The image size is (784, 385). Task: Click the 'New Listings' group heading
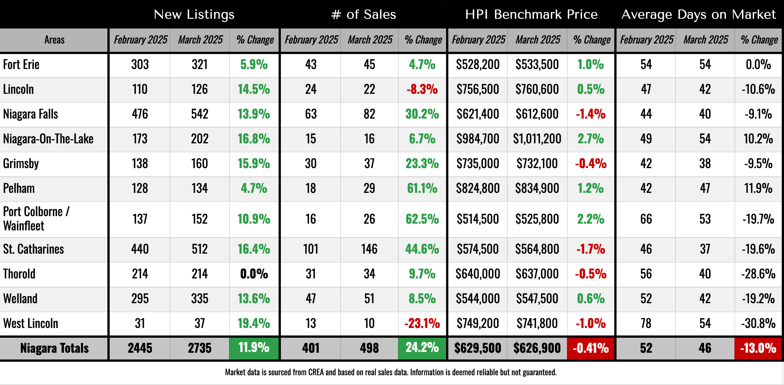point(194,14)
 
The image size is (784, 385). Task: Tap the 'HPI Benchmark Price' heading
point(531,14)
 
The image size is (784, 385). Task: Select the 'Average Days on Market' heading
point(698,14)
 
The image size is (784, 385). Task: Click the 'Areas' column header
point(54,40)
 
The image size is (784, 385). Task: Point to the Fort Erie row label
point(21,65)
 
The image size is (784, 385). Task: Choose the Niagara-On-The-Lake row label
point(48,139)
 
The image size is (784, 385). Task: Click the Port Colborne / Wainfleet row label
point(36,219)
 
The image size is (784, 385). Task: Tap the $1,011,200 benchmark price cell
point(537,139)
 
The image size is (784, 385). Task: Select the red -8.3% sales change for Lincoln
point(422,89)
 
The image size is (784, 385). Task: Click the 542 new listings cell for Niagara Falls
point(199,114)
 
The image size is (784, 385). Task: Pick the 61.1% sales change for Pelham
point(422,188)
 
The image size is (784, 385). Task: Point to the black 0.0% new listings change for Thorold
point(254,274)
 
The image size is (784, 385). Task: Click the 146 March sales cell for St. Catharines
point(369,249)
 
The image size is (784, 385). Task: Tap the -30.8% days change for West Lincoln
point(758,323)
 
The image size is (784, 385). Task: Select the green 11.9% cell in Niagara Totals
point(254,348)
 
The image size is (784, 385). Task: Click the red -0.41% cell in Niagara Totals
point(591,348)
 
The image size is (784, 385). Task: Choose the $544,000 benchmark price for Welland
point(478,299)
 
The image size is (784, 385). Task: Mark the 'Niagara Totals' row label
point(54,348)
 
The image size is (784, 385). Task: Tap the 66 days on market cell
point(646,219)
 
